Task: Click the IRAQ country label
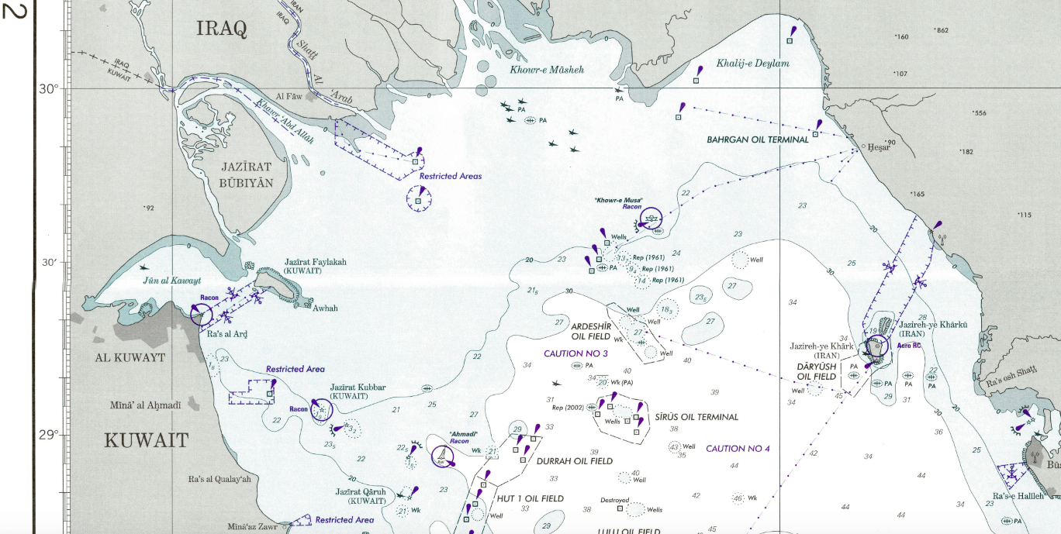pos(221,29)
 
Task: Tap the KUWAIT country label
pos(147,441)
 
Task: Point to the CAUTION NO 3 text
pos(575,353)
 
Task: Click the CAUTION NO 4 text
pos(737,449)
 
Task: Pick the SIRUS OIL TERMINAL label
pos(696,417)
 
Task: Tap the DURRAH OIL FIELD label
pos(574,461)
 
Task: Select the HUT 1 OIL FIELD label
pos(530,499)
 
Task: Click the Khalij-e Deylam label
pos(752,64)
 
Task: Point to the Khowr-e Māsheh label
pos(546,70)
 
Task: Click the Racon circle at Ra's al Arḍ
pos(202,313)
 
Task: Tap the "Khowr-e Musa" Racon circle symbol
pos(650,219)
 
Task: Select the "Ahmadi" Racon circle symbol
pos(442,456)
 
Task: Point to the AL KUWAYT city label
pos(130,358)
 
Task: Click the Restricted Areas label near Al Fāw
pos(450,176)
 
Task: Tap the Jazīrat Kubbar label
pos(358,388)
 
